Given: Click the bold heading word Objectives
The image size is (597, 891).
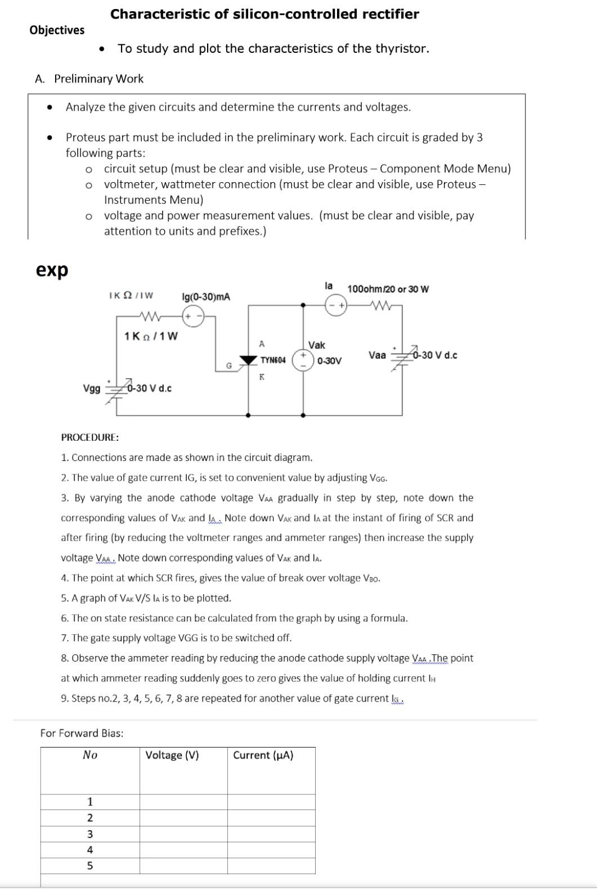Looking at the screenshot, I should point(57,30).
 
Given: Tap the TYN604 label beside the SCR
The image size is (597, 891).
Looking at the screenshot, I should point(273,360).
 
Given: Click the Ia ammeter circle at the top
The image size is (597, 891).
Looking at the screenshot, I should point(336,305).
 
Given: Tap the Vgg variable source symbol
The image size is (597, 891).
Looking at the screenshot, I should point(116,388).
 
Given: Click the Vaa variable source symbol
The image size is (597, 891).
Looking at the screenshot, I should point(402,356).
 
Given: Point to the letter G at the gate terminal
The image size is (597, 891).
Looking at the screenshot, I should point(229,367).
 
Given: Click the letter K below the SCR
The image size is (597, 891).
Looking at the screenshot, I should point(261,377).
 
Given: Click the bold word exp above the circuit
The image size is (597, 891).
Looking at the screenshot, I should point(52,270).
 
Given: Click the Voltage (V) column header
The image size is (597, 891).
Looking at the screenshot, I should point(172,755).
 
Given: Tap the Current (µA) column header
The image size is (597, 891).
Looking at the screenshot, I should point(263,755).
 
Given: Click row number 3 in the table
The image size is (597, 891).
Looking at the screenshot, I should point(89,834).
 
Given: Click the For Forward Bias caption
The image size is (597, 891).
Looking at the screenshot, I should point(82,732).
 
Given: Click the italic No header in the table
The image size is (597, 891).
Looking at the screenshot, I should point(89,755).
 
